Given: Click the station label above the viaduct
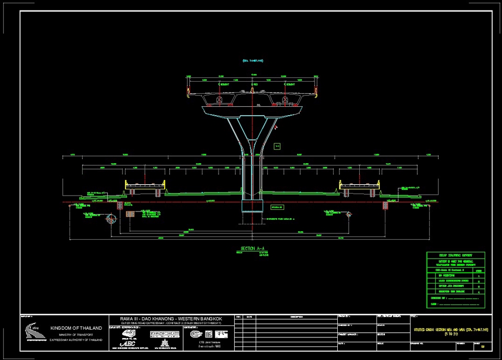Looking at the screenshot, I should click(252, 61).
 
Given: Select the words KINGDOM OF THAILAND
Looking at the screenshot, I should click(76, 328).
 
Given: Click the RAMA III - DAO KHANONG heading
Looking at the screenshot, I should click(171, 319).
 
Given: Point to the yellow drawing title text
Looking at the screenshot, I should click(450, 331).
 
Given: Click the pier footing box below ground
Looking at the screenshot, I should click(252, 205).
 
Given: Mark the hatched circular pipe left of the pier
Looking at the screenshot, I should click(111, 219).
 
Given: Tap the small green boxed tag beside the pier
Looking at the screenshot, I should click(278, 145).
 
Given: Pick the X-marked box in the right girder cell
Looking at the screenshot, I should click(286, 99).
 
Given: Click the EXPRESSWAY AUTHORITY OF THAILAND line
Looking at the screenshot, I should click(76, 340).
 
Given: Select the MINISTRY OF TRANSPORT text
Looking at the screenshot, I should click(75, 334).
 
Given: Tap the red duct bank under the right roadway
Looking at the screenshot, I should click(386, 206).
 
